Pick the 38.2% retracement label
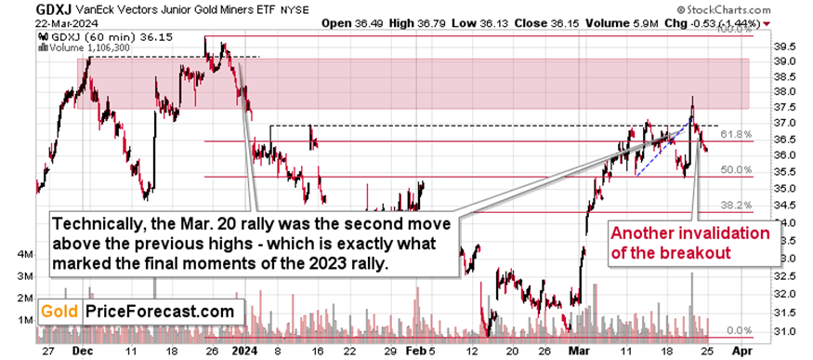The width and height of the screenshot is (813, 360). [735, 205]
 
